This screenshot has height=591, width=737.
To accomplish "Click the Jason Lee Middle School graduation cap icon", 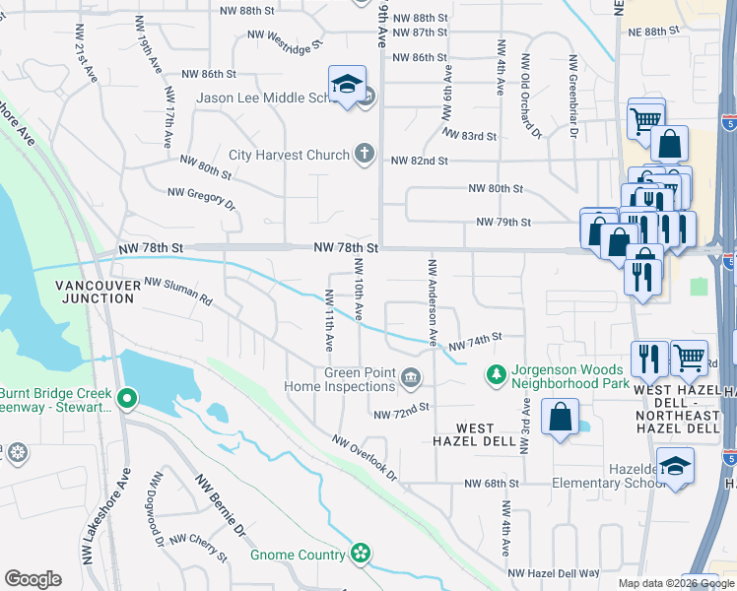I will click(347, 87).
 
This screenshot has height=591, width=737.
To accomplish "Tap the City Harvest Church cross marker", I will click(365, 154).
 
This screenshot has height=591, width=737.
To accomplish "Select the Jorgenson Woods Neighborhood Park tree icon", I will click(496, 375).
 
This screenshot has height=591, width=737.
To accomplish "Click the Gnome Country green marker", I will click(362, 555).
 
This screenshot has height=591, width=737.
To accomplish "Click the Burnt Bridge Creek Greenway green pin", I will click(126, 399).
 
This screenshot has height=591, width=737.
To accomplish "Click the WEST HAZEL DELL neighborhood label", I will click(475, 434).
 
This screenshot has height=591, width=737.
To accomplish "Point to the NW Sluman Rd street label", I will click(178, 290).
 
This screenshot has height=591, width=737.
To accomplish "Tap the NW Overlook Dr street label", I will click(364, 458).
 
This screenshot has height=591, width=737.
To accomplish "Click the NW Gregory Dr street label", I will click(202, 198).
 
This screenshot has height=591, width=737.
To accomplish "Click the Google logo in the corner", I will click(33, 579).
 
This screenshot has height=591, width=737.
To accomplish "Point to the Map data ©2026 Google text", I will click(675, 583).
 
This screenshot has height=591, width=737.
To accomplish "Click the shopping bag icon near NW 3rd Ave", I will click(559, 416).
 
